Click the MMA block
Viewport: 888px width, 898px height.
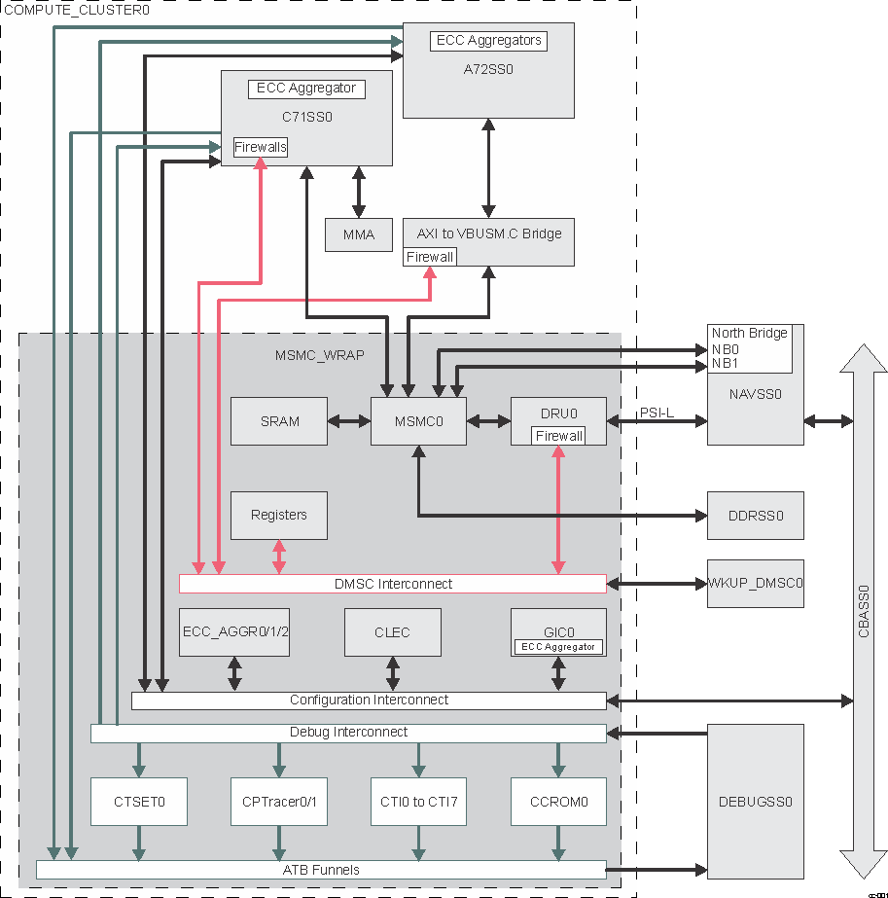click(x=358, y=234)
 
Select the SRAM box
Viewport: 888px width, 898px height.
click(x=279, y=421)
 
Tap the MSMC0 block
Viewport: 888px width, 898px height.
click(x=418, y=421)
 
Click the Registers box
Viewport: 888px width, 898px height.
click(x=279, y=515)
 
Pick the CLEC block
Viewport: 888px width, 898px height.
click(x=392, y=632)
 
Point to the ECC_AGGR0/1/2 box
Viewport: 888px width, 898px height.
click(x=234, y=632)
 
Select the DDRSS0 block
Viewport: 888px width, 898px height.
click(x=756, y=516)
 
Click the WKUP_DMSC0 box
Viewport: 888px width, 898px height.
click(x=756, y=584)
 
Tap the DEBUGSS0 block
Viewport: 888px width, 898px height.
click(x=756, y=803)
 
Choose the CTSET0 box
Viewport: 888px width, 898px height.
click(x=139, y=803)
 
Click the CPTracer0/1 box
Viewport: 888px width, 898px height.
click(x=279, y=803)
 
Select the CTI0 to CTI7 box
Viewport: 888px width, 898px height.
click(x=419, y=803)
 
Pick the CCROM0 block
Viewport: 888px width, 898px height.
click(x=558, y=803)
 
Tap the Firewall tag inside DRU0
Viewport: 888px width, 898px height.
click(x=559, y=436)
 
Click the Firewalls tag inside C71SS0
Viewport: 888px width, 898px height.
click(x=261, y=147)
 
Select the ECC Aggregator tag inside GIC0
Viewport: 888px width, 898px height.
click(x=558, y=646)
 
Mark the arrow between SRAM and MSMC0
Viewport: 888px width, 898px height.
click(x=349, y=421)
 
